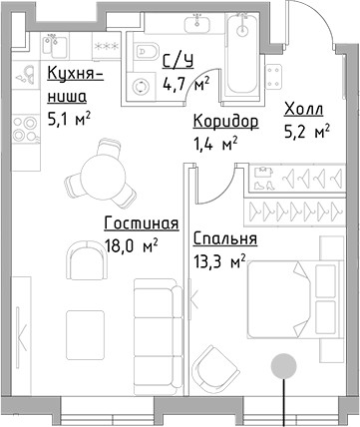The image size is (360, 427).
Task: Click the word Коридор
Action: (226, 122)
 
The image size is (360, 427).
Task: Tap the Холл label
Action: (304, 109)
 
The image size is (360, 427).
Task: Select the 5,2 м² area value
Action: (307, 131)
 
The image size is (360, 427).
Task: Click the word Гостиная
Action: (141, 222)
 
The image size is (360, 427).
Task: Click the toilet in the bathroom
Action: (145, 52)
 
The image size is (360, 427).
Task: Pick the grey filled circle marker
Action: (285, 365)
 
